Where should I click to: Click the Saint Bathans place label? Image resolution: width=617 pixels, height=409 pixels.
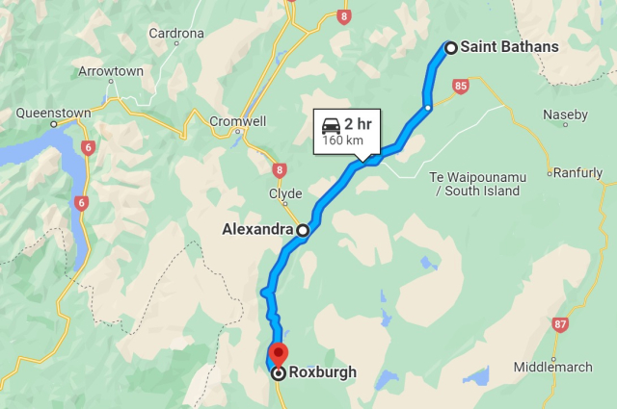[509, 46]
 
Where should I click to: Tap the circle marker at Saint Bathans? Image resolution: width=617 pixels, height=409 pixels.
[450, 46]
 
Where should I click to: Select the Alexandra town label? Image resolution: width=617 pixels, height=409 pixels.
[256, 230]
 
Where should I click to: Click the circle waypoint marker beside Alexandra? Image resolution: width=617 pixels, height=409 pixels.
[303, 230]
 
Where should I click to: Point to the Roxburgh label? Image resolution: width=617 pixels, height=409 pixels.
[323, 372]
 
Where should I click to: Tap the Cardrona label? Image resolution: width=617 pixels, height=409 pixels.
[176, 34]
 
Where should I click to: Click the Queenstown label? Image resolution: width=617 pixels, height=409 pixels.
[54, 113]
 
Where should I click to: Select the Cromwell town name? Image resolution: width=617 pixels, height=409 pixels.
[238, 122]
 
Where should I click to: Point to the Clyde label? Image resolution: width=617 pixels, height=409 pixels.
[279, 193]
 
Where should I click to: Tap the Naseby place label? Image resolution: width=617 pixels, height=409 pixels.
[565, 115]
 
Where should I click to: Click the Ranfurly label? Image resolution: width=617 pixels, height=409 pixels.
[578, 174]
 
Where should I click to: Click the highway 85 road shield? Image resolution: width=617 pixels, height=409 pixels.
[460, 87]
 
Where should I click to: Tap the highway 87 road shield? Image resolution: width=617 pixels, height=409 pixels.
[561, 325]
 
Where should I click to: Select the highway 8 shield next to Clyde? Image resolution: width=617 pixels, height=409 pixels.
[280, 170]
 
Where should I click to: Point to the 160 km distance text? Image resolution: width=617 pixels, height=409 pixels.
[342, 141]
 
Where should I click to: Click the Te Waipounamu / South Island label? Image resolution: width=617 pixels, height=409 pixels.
[477, 184]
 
